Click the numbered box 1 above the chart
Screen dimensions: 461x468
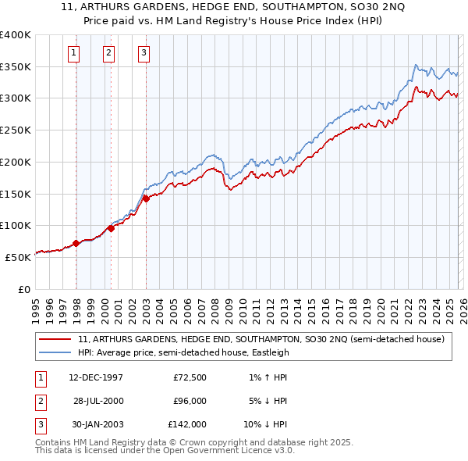73,53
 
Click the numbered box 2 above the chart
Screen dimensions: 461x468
108,53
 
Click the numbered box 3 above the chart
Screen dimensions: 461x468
144,53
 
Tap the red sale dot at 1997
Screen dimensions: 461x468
76,243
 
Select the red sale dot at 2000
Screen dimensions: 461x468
112,228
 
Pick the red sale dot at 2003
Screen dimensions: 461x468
146,198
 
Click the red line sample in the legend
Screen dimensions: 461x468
56,339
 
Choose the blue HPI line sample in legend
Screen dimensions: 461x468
56,352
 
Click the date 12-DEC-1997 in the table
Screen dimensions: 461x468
95,377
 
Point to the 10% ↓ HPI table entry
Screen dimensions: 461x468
264,424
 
